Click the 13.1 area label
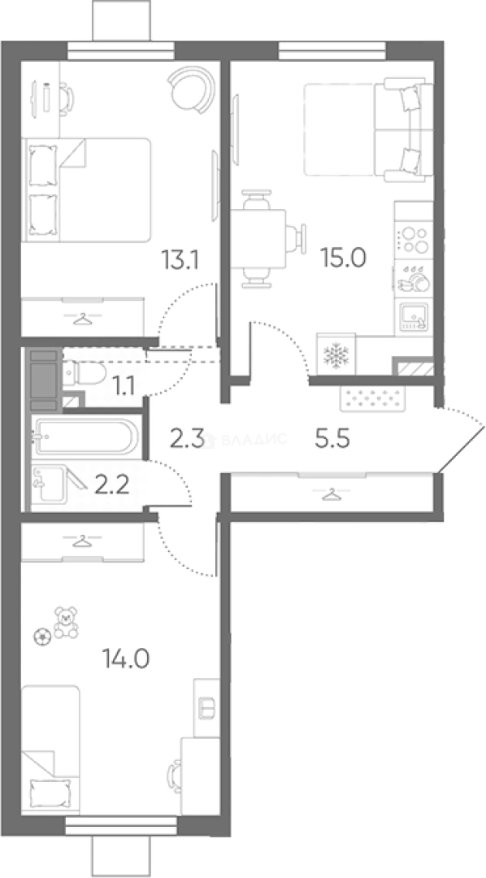[180, 260]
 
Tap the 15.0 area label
[343, 258]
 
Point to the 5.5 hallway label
[332, 440]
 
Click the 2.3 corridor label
[185, 437]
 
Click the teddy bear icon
[66, 623]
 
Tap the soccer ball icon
[42, 637]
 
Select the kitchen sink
[413, 317]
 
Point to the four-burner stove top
[413, 240]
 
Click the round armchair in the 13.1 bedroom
[192, 90]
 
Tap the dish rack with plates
[413, 278]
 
